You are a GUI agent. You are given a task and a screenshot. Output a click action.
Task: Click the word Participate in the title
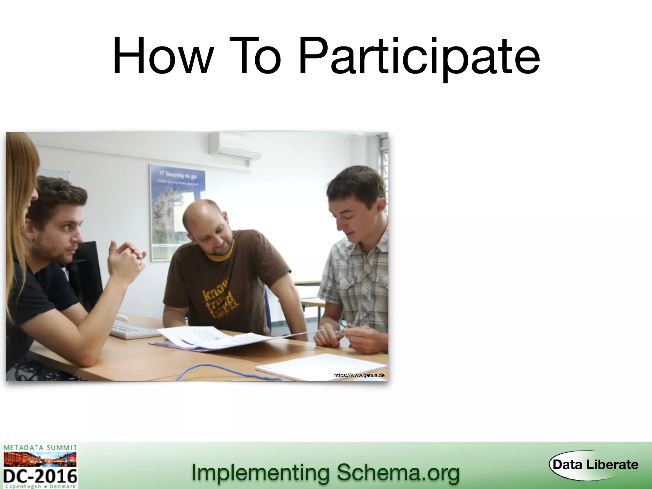[x=419, y=57]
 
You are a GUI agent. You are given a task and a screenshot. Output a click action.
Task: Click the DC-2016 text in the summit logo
[x=40, y=476]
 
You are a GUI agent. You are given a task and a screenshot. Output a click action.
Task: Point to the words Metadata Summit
[x=40, y=448]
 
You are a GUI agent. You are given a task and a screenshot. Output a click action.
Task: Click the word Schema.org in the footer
[x=398, y=472]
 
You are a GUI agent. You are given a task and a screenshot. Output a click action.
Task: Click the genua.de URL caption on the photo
[x=359, y=375]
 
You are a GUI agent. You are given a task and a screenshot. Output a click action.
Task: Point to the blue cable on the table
[x=223, y=371]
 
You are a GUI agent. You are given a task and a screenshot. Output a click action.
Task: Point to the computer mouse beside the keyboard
[x=121, y=317]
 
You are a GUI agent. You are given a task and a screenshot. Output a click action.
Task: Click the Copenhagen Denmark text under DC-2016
[x=40, y=486]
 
